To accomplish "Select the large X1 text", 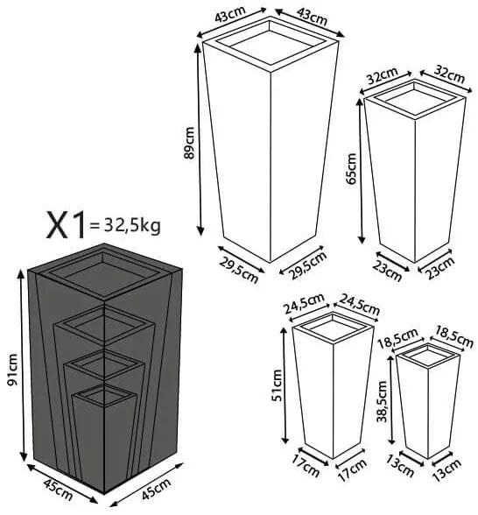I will (x=67, y=227).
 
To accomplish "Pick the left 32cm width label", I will (x=379, y=76).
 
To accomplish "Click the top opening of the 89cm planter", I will (x=269, y=45).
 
